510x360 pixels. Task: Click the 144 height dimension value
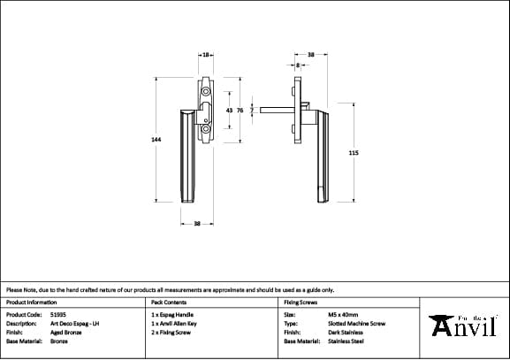click(x=156, y=139)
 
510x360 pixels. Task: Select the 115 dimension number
click(x=354, y=153)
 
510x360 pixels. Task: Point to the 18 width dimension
click(x=205, y=55)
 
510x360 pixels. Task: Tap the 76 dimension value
click(x=240, y=110)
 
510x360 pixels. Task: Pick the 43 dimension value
click(x=229, y=110)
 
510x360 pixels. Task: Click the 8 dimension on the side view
click(x=299, y=65)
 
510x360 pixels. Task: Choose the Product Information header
click(x=31, y=302)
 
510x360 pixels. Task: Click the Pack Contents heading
click(x=169, y=302)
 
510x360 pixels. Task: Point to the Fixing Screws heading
click(x=301, y=302)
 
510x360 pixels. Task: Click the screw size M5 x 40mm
click(x=343, y=314)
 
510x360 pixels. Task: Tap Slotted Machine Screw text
click(x=355, y=323)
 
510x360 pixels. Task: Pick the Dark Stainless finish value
click(x=345, y=332)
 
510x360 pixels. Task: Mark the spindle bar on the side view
click(x=278, y=111)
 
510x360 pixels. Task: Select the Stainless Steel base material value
click(x=346, y=341)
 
